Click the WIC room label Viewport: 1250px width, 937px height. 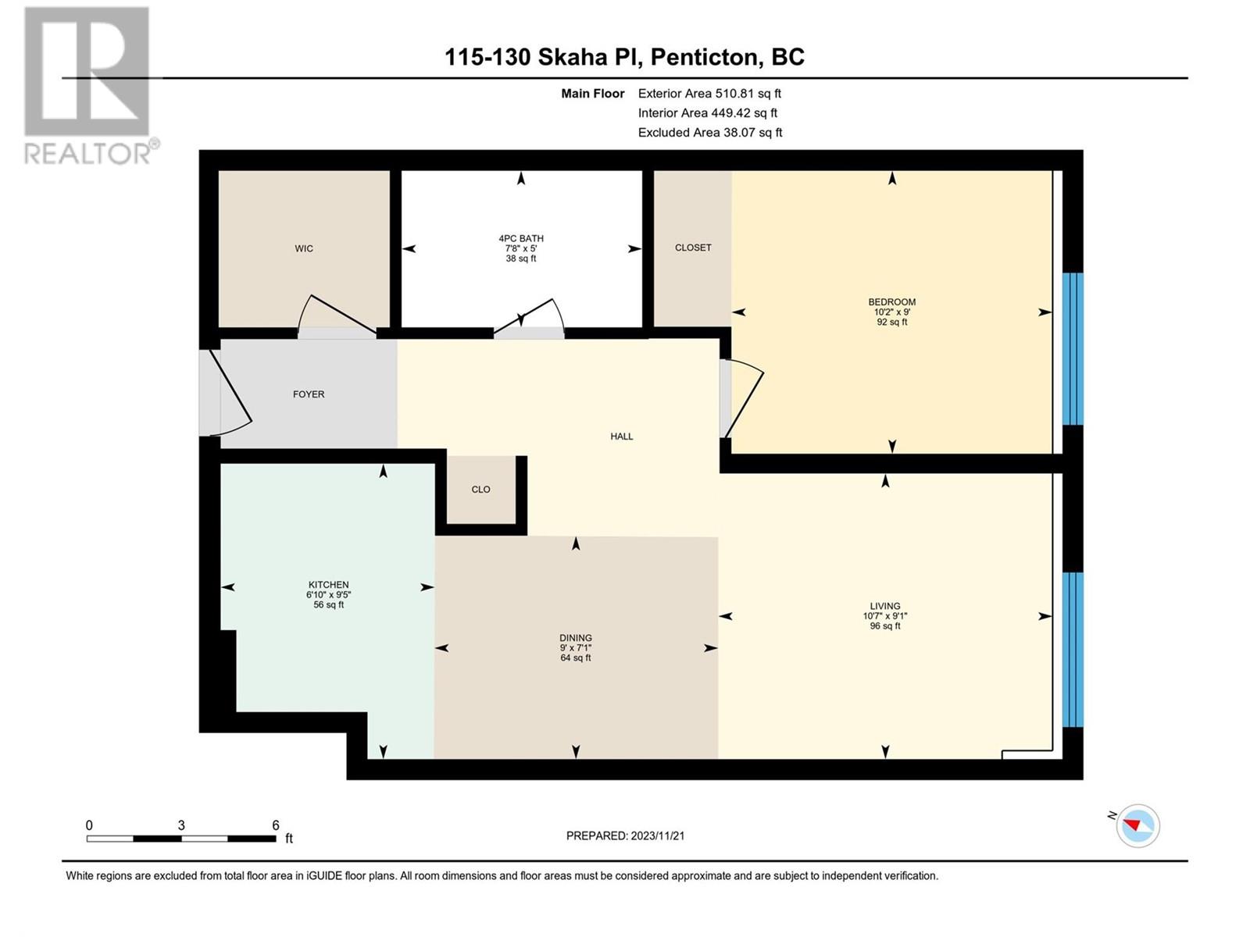[x=304, y=248]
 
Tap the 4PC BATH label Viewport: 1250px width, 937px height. [x=521, y=238]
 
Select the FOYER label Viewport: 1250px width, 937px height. [x=309, y=394]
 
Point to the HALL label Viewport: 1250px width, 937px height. [x=622, y=436]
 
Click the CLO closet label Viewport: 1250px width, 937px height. [x=480, y=490]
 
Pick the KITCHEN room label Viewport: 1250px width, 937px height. [x=329, y=585]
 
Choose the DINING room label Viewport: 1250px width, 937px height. [x=576, y=638]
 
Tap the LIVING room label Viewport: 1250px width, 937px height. [x=885, y=606]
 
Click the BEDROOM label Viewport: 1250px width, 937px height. [x=892, y=302]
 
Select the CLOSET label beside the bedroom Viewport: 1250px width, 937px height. [x=693, y=248]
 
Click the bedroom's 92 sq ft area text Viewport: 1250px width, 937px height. [x=892, y=322]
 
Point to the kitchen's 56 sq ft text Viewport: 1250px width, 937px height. [x=329, y=604]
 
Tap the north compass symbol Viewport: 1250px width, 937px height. [x=1137, y=825]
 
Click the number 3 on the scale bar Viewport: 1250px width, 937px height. [x=181, y=825]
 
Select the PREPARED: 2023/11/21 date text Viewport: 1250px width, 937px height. [x=625, y=835]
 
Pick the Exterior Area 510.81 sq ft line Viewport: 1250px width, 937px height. [x=709, y=93]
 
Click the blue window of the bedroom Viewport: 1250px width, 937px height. [x=1073, y=349]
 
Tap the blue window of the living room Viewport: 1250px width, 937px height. [x=1073, y=649]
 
